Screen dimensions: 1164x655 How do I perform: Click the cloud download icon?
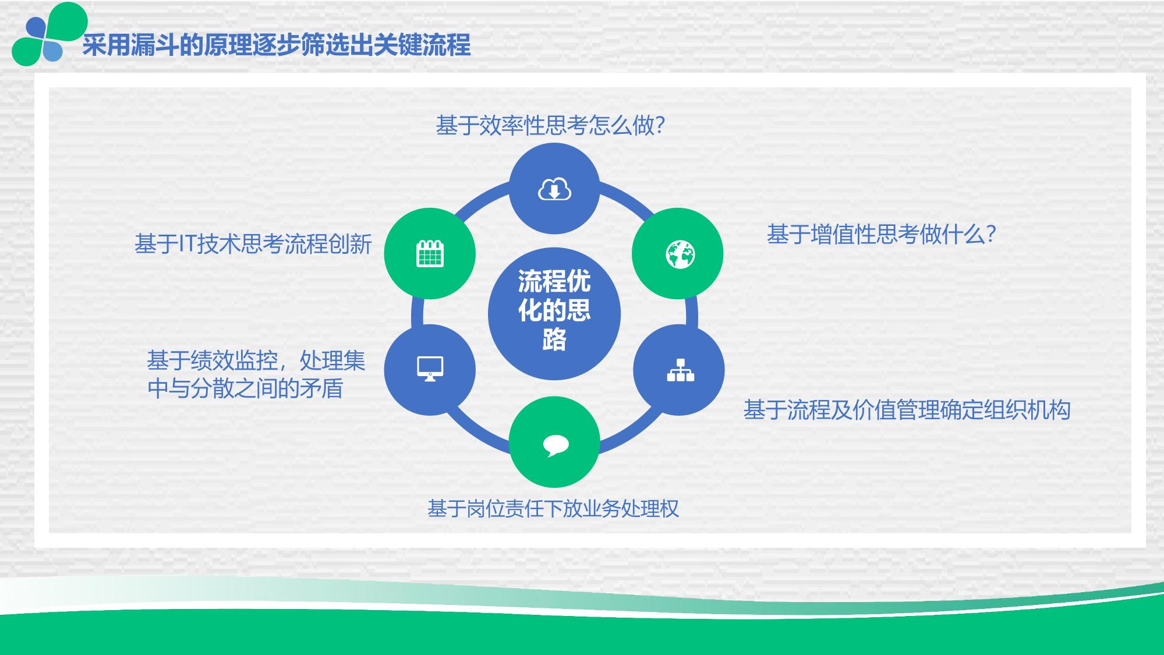[554, 189]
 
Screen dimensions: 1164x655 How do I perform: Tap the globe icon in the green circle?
[680, 254]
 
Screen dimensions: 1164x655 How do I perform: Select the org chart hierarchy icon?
[680, 370]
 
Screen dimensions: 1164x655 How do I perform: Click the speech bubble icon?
[556, 445]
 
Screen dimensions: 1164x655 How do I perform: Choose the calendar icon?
[430, 254]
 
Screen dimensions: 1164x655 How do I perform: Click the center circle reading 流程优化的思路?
[554, 314]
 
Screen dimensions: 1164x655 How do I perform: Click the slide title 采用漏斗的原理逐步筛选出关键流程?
[276, 45]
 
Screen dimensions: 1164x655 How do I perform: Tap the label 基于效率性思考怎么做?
[550, 125]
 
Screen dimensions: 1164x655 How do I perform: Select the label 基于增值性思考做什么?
[882, 235]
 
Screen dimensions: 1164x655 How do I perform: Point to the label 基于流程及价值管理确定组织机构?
[907, 410]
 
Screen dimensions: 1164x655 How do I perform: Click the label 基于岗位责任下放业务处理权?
[553, 509]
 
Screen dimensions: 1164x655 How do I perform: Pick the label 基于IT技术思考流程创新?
[253, 244]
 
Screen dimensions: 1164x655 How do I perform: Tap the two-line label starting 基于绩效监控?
[256, 374]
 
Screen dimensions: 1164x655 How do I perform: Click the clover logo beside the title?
[49, 34]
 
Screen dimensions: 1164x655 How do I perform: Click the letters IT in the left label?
[187, 244]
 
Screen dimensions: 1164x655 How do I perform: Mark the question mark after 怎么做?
[660, 125]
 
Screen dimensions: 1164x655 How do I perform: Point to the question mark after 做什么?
[990, 235]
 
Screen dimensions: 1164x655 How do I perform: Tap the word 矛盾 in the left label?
[321, 388]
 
